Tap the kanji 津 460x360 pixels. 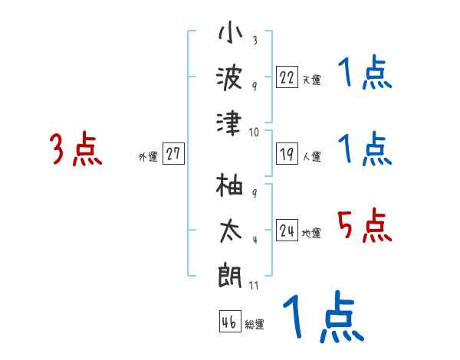229,123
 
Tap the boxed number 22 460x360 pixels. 287,77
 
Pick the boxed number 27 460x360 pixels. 173,154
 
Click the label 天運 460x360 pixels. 311,80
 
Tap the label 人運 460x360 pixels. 311,156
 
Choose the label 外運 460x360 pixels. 148,156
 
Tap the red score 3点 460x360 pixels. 76,149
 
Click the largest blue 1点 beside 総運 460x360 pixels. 322,318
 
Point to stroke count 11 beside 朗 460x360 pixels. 254,286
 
